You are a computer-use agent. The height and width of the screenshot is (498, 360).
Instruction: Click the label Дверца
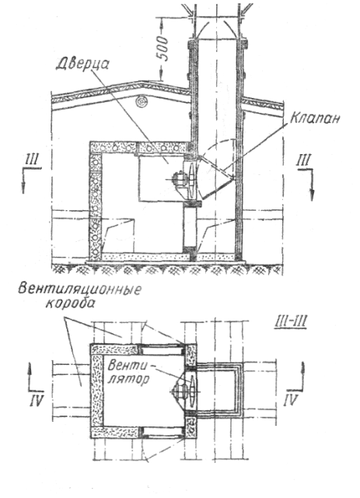click(82, 66)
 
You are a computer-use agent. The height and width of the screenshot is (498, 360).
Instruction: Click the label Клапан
click(315, 118)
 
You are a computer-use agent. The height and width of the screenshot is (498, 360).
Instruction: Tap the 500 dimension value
click(163, 49)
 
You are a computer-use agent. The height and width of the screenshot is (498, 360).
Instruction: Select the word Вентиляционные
click(79, 290)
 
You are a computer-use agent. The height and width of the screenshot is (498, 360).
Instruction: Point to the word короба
click(70, 304)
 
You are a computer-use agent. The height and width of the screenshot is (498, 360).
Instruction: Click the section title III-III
click(289, 323)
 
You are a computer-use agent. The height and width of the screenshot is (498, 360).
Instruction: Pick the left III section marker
click(32, 160)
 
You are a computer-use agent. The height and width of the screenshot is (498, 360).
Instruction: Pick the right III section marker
click(304, 160)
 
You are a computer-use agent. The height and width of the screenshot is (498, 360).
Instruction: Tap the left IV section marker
click(36, 400)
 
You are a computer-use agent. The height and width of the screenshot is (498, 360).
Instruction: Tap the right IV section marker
click(291, 400)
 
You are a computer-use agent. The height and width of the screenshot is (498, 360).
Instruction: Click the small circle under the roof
click(140, 102)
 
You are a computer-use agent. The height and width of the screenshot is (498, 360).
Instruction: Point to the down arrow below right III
click(313, 185)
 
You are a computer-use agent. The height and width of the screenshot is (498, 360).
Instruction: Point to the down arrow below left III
click(23, 181)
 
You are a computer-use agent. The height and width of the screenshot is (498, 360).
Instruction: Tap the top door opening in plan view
click(163, 349)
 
